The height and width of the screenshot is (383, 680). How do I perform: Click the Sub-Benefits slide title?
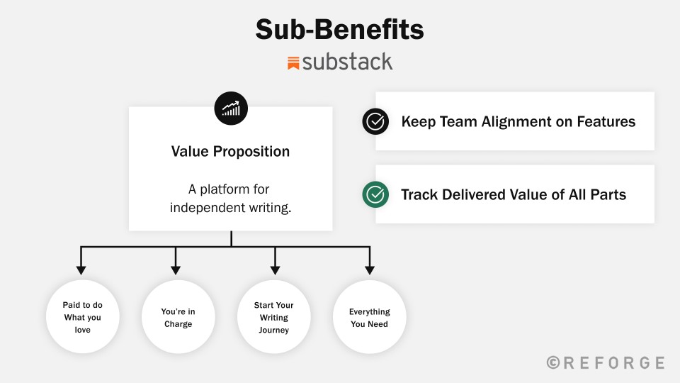pyautogui.click(x=339, y=30)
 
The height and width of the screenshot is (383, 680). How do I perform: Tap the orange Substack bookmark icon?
pyautogui.click(x=293, y=63)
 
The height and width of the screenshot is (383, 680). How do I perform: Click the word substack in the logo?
pyautogui.click(x=347, y=62)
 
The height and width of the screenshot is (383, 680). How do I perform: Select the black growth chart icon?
pyautogui.click(x=231, y=108)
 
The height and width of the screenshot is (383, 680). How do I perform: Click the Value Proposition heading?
pyautogui.click(x=230, y=151)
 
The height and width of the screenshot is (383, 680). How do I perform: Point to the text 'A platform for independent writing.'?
pyautogui.click(x=230, y=198)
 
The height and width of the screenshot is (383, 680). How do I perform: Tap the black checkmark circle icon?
pyautogui.click(x=375, y=121)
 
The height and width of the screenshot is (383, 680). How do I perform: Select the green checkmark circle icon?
pyautogui.click(x=375, y=194)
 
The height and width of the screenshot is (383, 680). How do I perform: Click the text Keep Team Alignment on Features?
pyautogui.click(x=518, y=121)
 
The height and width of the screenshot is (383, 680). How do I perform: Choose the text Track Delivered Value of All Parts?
pyautogui.click(x=514, y=194)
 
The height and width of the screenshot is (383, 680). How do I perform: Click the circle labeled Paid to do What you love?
pyautogui.click(x=82, y=316)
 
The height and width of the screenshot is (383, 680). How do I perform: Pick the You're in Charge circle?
pyautogui.click(x=178, y=316)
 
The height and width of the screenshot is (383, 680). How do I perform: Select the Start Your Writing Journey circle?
pyautogui.click(x=273, y=316)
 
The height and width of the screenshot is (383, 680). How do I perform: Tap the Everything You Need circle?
pyautogui.click(x=370, y=316)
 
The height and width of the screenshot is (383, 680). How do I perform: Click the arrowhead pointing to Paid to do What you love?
pyautogui.click(x=81, y=270)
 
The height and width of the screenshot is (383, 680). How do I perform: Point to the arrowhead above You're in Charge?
pyautogui.click(x=176, y=270)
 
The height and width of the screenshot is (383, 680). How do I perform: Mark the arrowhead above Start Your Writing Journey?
pyautogui.click(x=275, y=270)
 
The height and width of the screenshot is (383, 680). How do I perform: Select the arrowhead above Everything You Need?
pyautogui.click(x=370, y=270)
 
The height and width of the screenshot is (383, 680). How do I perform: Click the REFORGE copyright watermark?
pyautogui.click(x=606, y=362)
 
